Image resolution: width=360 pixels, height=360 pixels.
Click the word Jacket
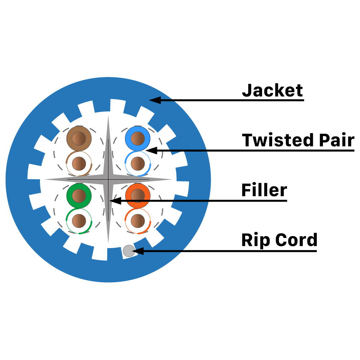click(x=273, y=90)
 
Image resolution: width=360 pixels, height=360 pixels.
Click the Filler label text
click(x=264, y=190)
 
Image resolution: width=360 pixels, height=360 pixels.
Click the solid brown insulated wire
click(x=80, y=139)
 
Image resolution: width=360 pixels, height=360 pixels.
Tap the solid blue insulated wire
click(x=137, y=139)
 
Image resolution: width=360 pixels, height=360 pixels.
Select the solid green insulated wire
click(x=79, y=195)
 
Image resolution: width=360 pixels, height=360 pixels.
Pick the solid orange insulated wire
click(x=138, y=195)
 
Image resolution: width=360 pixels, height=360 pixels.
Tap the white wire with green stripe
click(x=79, y=220)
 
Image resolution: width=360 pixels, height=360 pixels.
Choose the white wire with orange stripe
click(x=138, y=220)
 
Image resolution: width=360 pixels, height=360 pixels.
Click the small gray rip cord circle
click(x=129, y=251)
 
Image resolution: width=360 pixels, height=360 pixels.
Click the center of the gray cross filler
click(x=108, y=179)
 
